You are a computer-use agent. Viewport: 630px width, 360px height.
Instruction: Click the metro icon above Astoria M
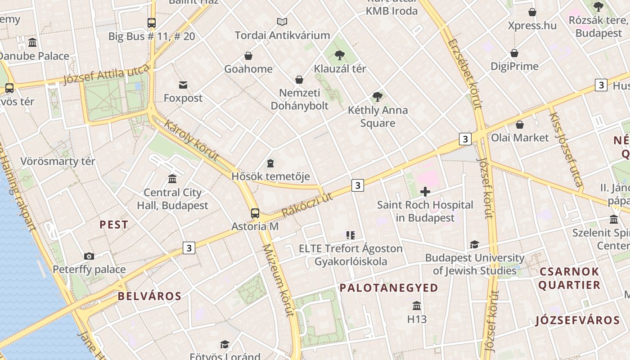[x=255, y=213]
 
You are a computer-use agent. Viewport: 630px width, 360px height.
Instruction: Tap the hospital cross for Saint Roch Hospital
[x=425, y=192]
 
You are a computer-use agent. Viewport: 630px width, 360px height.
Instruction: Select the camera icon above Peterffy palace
[x=89, y=256]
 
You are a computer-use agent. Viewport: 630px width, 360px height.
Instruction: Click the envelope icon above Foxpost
[x=183, y=85]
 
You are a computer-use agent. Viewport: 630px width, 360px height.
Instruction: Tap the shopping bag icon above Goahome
[x=248, y=56]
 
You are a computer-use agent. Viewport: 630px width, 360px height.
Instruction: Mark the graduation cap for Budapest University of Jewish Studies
[x=474, y=245]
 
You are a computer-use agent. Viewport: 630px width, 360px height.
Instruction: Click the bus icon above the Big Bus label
[x=152, y=23]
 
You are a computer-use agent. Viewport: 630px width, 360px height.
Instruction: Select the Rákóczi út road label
[x=306, y=205]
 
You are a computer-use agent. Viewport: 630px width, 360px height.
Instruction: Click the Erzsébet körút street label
[x=465, y=74]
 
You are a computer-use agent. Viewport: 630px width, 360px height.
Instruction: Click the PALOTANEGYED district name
[x=388, y=288]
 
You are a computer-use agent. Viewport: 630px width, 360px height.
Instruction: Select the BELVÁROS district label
[x=149, y=296]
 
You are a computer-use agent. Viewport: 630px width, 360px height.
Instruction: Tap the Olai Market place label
[x=520, y=138]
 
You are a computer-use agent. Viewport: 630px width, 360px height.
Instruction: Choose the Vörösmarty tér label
[x=58, y=161]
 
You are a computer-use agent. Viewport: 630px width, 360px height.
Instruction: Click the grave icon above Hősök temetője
[x=270, y=163]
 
